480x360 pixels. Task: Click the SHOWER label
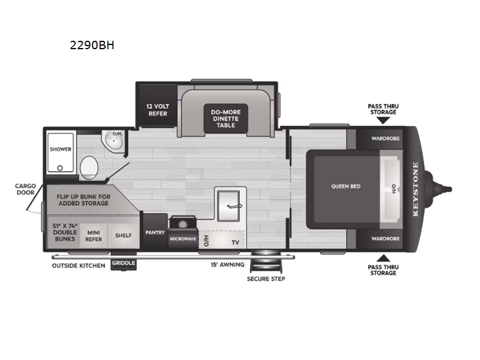pyautogui.click(x=61, y=149)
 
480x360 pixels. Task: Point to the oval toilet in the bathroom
pyautogui.click(x=89, y=165)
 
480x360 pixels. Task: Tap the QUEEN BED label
pyautogui.click(x=346, y=186)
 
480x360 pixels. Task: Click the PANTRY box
pyautogui.click(x=155, y=232)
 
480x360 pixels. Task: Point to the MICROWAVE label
pyautogui.click(x=184, y=238)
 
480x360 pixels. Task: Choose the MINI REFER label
pyautogui.click(x=93, y=235)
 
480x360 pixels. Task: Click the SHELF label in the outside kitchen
pyautogui.click(x=124, y=235)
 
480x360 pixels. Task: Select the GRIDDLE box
pyautogui.click(x=124, y=263)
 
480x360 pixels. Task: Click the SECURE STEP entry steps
pyautogui.click(x=266, y=263)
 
